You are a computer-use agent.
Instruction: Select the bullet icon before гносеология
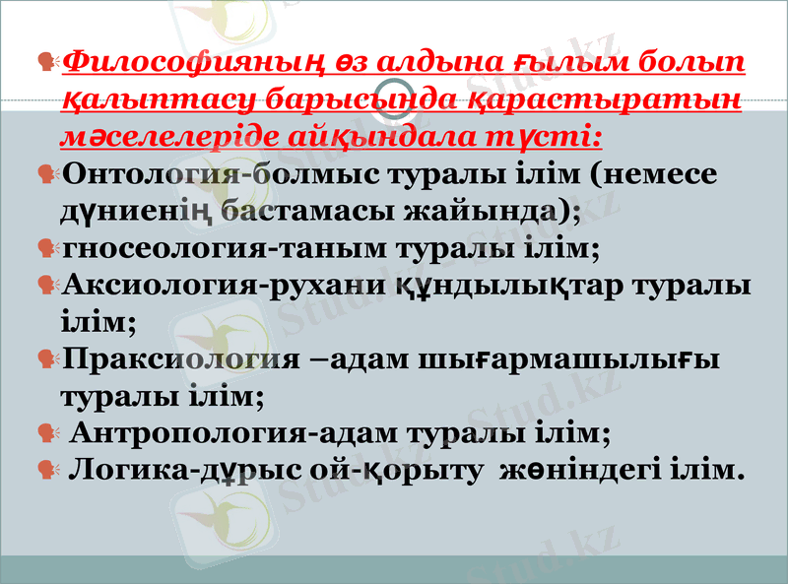point(46,247)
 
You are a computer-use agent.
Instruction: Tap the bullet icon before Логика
point(46,469)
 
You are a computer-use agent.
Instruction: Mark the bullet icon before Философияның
point(46,65)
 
